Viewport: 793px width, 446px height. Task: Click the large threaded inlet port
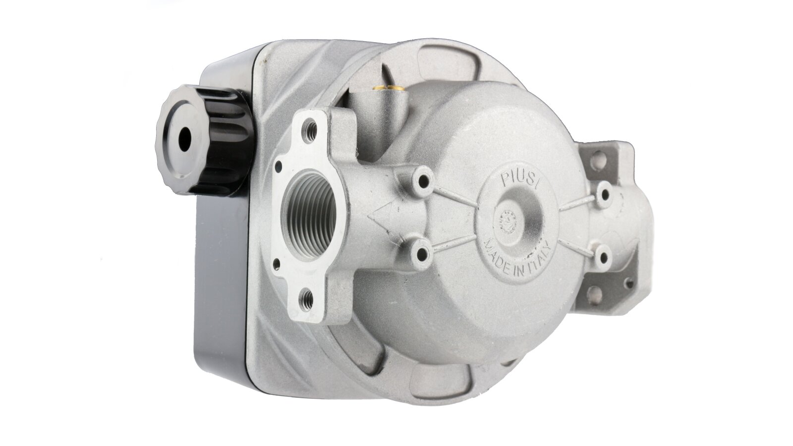[x=309, y=216]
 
